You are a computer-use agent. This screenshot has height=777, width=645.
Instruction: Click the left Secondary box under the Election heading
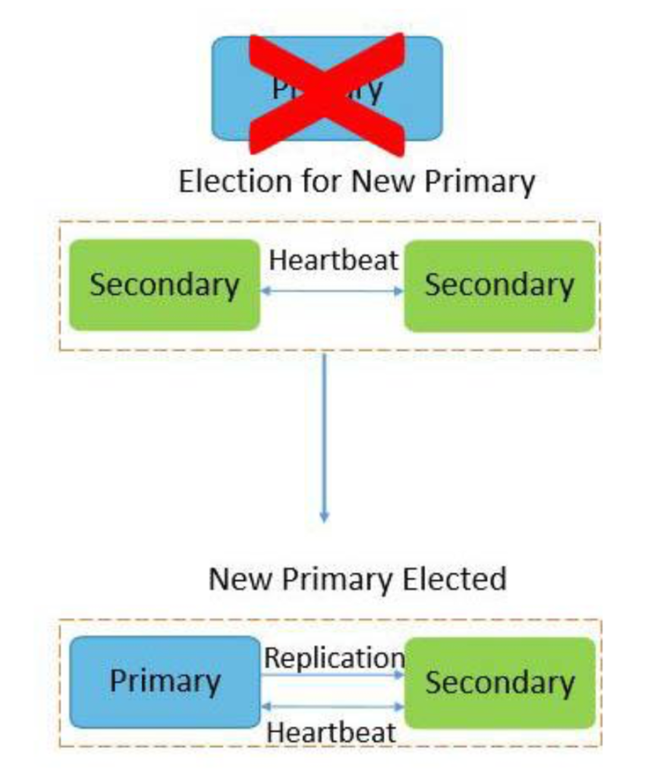(x=164, y=285)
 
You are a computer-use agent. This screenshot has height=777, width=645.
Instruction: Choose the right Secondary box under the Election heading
(x=499, y=286)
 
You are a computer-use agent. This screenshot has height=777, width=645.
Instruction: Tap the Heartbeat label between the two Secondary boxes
(x=334, y=260)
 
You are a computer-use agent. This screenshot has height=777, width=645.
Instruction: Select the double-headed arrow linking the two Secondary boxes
(x=332, y=291)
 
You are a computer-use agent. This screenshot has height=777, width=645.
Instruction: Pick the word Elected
(x=456, y=579)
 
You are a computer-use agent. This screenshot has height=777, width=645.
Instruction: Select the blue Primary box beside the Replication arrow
(x=165, y=681)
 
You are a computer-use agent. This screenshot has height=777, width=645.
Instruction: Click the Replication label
(x=333, y=658)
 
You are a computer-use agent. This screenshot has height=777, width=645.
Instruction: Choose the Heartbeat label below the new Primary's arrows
(x=332, y=733)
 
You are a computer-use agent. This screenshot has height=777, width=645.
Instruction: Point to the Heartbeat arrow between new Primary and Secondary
(x=332, y=706)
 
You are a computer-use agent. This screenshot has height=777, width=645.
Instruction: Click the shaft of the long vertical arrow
(x=325, y=433)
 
